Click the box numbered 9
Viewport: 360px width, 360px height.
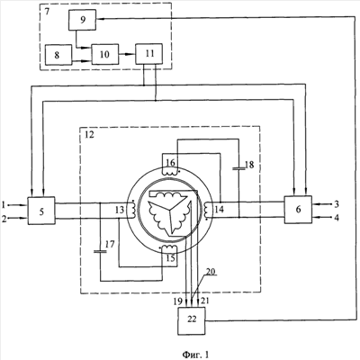82,20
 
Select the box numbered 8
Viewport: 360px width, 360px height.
58,55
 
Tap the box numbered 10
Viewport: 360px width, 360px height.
105,54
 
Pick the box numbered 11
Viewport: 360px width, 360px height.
149,54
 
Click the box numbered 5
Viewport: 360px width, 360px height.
41,211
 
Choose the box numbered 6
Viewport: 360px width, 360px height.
298,210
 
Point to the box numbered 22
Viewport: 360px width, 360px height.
192,320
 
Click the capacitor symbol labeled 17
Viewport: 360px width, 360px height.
100,251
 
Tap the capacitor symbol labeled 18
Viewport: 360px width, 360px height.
239,168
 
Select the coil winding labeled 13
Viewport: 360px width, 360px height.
131,209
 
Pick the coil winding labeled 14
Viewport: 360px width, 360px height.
207,209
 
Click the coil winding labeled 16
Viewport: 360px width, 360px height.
170,172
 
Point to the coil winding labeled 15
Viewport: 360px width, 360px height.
169,247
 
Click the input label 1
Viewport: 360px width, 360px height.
4,205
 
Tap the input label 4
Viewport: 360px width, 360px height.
337,218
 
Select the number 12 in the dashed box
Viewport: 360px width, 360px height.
89,135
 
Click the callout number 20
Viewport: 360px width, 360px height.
211,271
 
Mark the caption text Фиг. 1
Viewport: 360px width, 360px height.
195,355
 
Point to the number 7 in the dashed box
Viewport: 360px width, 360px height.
47,12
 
